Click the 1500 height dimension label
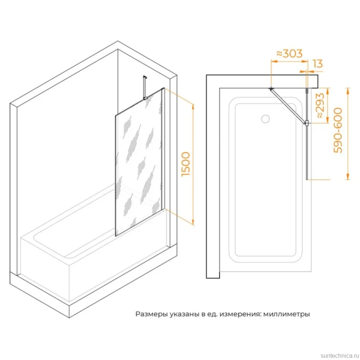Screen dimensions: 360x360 click(186, 164)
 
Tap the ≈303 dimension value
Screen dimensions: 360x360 click(289, 53)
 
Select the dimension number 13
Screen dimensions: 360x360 click(318, 63)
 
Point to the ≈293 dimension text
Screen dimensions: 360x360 click(321, 106)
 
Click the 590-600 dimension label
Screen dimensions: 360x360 click(338, 130)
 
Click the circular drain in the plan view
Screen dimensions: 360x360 click(265, 119)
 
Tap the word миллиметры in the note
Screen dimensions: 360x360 click(286, 314)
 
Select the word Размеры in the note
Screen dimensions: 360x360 click(151, 314)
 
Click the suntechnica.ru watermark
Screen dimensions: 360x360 click(340, 356)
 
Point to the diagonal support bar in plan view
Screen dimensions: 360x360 click(288, 106)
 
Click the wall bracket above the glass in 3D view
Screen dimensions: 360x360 click(145, 88)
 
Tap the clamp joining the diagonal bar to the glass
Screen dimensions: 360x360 click(307, 122)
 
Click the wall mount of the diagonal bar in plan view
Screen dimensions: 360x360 click(271, 88)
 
